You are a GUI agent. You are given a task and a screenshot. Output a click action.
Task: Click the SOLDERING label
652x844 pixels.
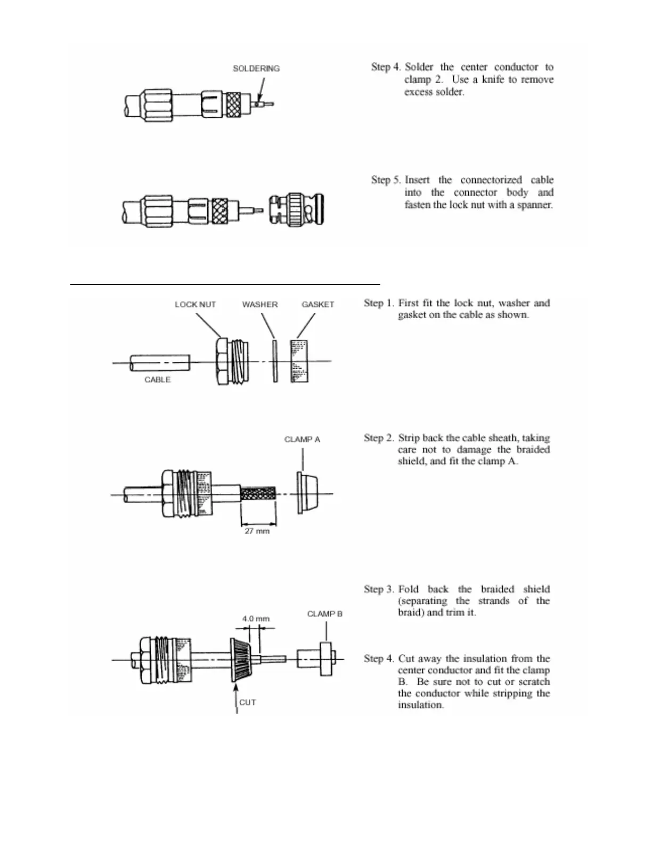[256, 69]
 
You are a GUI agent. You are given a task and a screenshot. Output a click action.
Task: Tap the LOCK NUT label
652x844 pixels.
[195, 305]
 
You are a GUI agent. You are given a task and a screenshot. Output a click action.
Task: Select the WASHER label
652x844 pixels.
[259, 305]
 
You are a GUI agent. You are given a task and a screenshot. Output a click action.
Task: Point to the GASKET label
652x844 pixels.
[317, 305]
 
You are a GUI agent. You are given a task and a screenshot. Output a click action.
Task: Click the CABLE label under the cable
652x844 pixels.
[157, 380]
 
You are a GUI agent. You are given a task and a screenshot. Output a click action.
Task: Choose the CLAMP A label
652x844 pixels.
[302, 440]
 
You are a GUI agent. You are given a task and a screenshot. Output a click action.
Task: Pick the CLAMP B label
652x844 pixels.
[324, 614]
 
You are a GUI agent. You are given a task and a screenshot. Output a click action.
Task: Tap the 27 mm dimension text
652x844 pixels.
[257, 531]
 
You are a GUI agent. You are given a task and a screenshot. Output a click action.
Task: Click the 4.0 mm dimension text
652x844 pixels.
[256, 619]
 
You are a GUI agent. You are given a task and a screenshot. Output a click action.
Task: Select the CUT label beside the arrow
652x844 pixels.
[248, 702]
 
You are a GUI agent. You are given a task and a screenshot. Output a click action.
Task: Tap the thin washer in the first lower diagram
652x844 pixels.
[275, 361]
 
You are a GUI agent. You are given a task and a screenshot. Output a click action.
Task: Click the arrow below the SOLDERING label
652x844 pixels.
[260, 91]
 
